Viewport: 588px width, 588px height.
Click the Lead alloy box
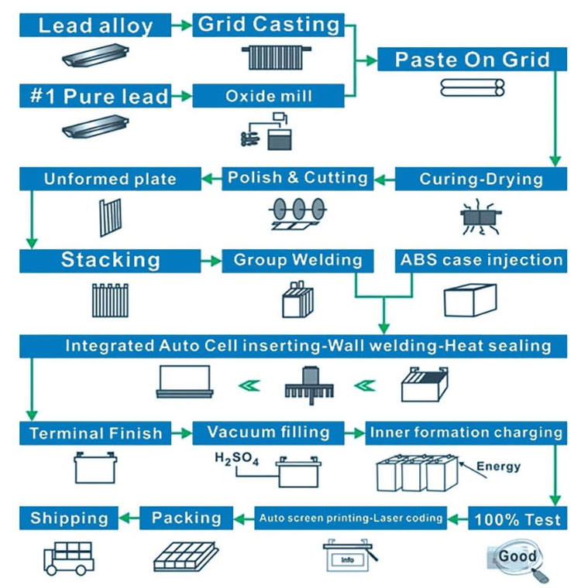tap(95, 26)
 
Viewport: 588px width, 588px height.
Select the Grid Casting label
tap(268, 25)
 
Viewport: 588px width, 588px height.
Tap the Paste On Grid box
tap(472, 60)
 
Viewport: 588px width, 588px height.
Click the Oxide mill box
tap(268, 96)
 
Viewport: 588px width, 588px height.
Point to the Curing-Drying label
tap(480, 179)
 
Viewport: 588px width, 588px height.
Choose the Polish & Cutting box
tap(297, 178)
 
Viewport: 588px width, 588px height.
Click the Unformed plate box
tap(110, 179)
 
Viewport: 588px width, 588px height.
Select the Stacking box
tap(110, 260)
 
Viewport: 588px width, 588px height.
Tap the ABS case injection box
tap(481, 260)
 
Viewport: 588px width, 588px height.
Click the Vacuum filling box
tap(268, 432)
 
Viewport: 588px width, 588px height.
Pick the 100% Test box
tap(518, 518)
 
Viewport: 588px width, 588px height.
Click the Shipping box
tap(69, 518)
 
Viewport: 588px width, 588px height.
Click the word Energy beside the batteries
tap(498, 466)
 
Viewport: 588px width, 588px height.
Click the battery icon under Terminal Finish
tap(95, 467)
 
